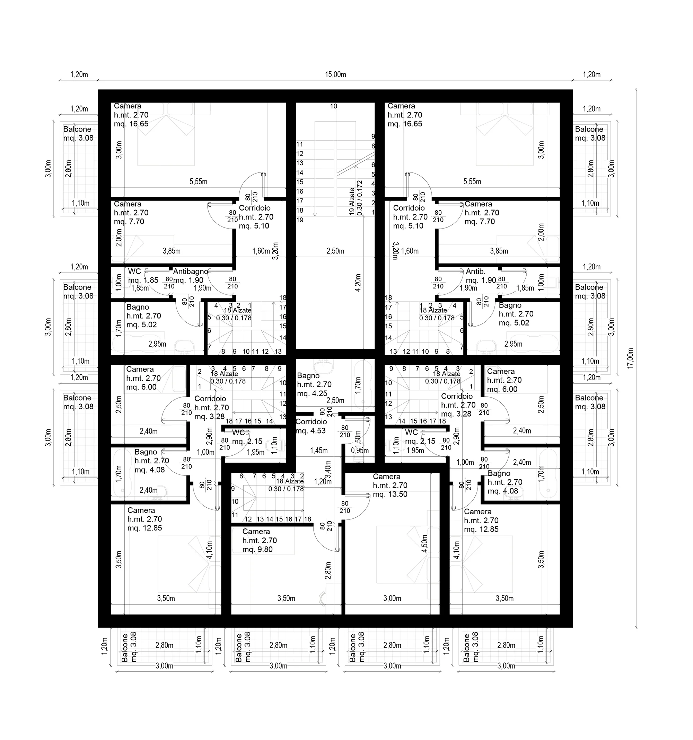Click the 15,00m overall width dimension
coord(335,74)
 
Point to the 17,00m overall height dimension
coord(630,358)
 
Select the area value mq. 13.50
coord(390,494)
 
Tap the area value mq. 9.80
coord(257,550)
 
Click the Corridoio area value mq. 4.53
coord(311,431)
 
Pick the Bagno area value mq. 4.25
coord(312,393)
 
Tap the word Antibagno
coord(190,271)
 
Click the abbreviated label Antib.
coord(475,271)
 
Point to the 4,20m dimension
coord(358,283)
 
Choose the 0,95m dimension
coord(360,451)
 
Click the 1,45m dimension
coord(319,451)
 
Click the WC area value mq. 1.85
coord(143,280)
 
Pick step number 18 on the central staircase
coord(300,210)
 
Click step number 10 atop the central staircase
coord(334,106)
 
